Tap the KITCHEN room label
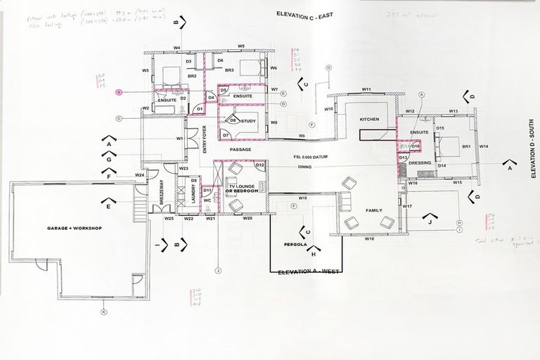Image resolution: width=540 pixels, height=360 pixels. click(x=370, y=120)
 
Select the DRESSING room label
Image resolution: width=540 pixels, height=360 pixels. click(x=420, y=162)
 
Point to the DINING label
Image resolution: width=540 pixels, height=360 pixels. click(x=304, y=167)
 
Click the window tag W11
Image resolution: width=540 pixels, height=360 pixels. click(x=366, y=90)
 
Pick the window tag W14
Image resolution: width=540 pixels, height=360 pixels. click(x=484, y=146)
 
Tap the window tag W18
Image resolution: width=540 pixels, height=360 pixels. click(x=368, y=240)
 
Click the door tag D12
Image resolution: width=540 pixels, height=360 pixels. click(x=259, y=165)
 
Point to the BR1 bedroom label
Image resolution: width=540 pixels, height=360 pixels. click(x=465, y=146)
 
